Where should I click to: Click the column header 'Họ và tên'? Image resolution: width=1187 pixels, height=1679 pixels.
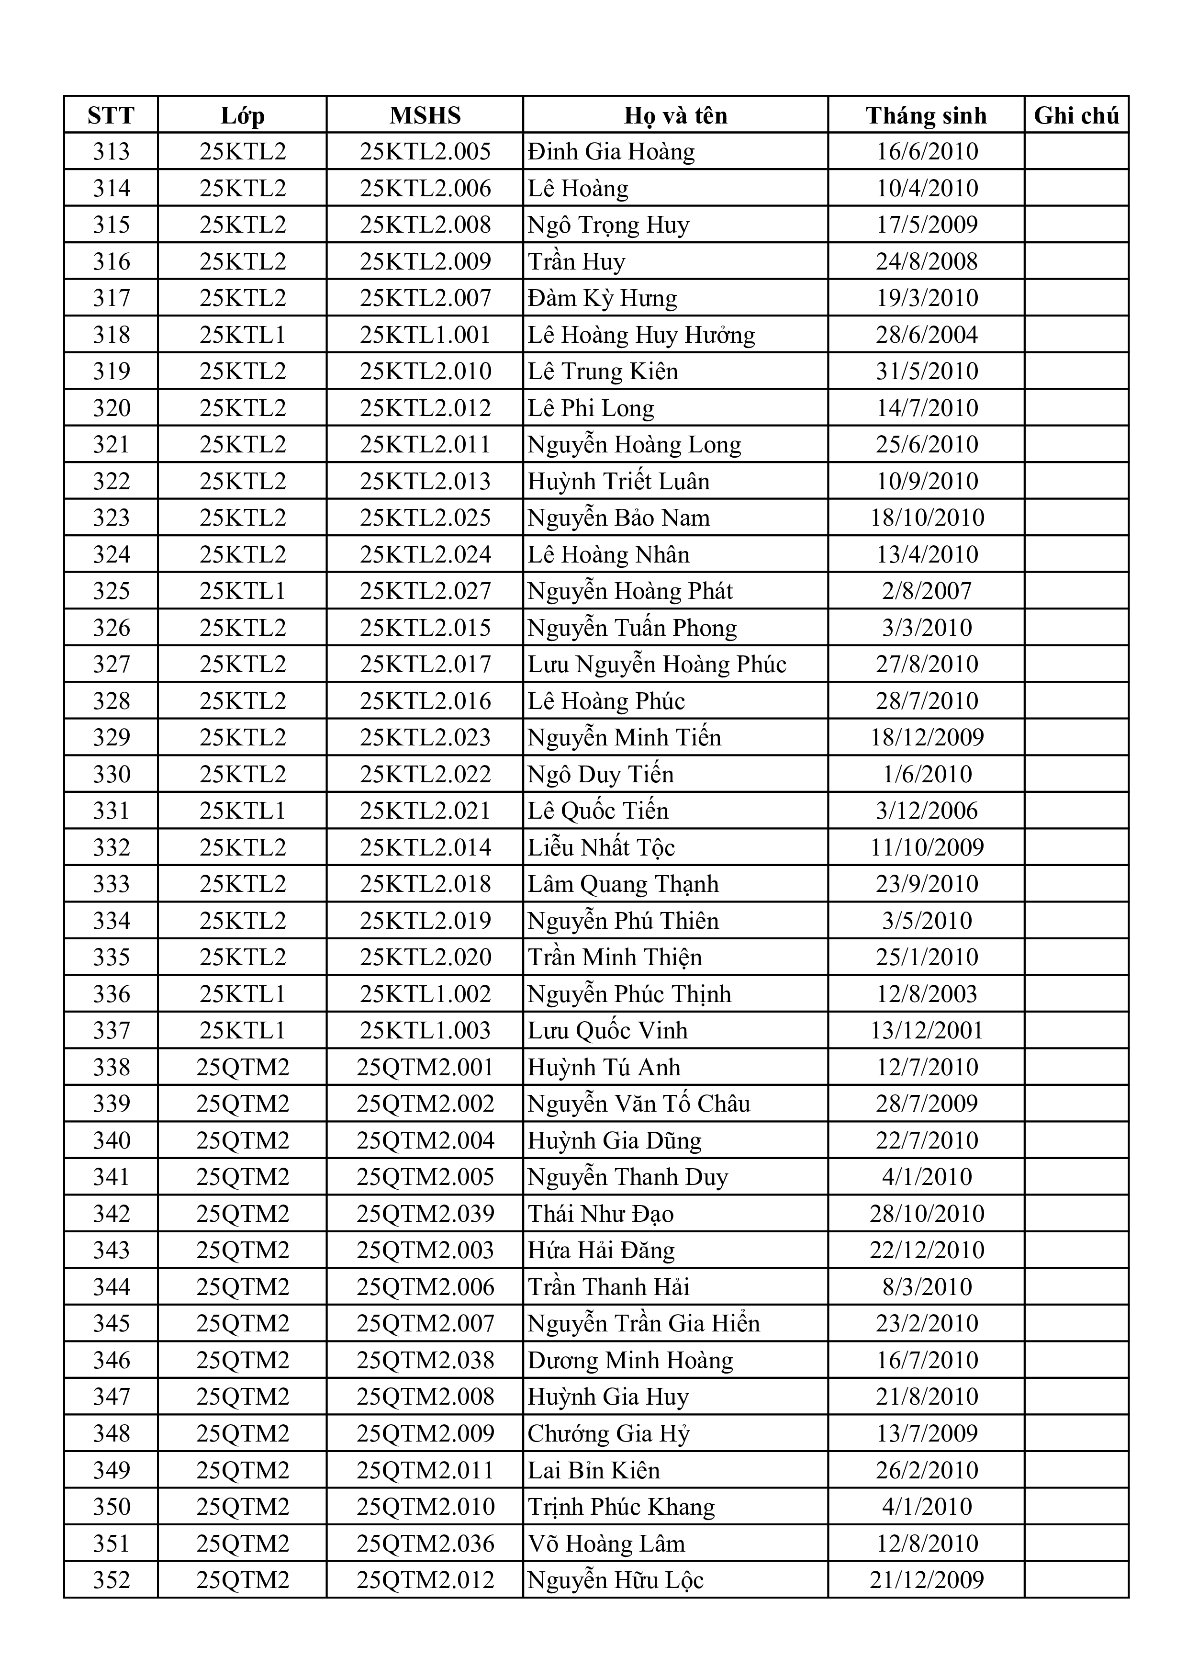pos(675,115)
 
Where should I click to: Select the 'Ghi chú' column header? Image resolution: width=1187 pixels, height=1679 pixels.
pos(1076,115)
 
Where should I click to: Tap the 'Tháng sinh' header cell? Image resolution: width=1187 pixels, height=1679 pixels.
pos(926,115)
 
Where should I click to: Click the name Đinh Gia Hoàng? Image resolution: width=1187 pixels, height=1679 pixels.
pos(611,152)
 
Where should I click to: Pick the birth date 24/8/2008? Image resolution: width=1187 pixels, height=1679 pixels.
pos(927,262)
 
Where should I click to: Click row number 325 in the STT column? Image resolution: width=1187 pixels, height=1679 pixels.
pos(111,591)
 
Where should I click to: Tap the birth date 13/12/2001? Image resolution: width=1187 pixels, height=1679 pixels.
pos(927,1030)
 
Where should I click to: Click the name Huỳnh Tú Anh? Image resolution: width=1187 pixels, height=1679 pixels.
pos(604,1067)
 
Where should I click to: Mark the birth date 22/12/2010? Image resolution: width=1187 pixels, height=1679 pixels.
pos(927,1250)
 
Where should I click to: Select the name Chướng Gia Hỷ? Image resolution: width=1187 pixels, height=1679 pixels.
pos(609,1433)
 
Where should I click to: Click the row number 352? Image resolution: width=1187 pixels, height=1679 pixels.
pos(111,1579)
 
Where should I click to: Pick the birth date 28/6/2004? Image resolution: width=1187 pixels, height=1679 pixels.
pos(927,335)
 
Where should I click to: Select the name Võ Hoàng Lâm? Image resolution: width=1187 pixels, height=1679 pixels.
pos(606,1543)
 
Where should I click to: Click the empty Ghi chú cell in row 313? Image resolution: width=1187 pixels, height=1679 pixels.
pos(1076,152)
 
